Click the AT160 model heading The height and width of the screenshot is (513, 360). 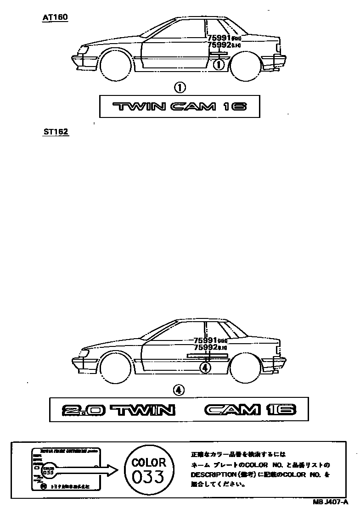55,17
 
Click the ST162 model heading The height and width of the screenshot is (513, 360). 55,132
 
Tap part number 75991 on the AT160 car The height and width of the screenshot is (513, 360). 219,38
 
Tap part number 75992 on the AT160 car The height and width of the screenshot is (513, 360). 219,45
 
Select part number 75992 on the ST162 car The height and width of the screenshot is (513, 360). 205,347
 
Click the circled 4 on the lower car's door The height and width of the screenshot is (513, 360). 205,367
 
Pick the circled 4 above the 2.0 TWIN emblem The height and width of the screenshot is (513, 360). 179,390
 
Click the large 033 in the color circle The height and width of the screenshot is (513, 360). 148,477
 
